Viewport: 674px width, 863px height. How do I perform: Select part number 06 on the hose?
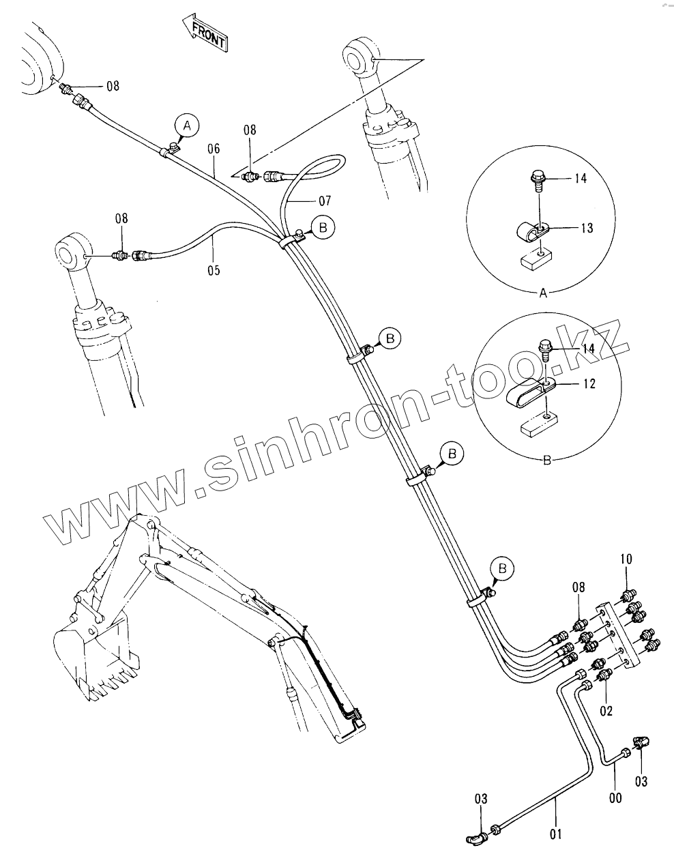coord(214,148)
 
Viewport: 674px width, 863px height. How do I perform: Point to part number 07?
coord(325,201)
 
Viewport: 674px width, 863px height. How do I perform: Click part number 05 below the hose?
coord(214,269)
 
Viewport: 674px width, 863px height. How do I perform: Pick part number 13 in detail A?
coord(587,228)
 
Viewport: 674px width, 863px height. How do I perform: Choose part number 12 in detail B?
coord(589,384)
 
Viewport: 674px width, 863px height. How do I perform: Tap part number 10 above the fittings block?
coord(626,559)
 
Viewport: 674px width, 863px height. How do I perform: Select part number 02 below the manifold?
coord(606,711)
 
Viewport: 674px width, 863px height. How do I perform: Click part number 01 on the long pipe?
coord(556,832)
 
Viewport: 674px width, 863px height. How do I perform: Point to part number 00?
coord(615,797)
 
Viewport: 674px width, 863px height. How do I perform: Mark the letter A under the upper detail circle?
coord(543,294)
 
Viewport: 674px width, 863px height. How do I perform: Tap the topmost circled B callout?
coord(323,228)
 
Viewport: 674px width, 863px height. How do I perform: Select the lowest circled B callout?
coord(503,567)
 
